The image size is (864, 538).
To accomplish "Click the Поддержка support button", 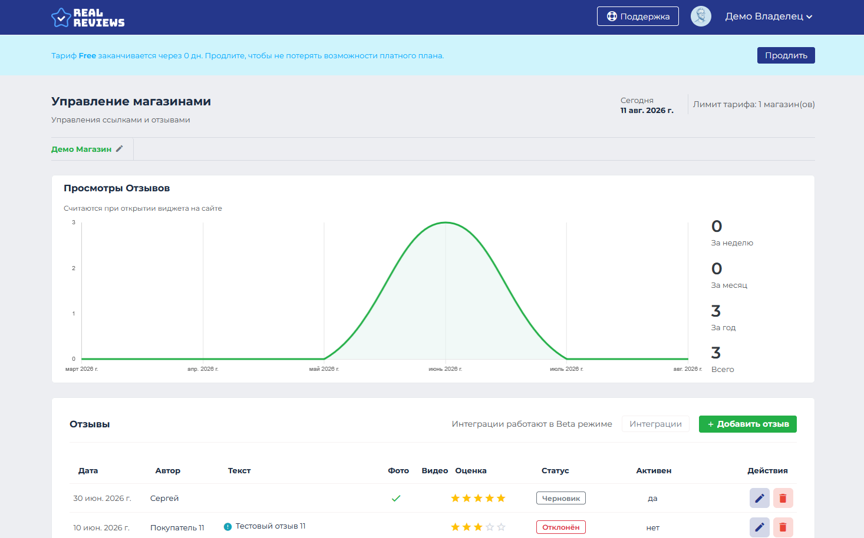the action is tap(638, 16).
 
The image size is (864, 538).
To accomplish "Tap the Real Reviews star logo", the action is tap(61, 18).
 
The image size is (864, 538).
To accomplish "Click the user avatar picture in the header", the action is tap(701, 16).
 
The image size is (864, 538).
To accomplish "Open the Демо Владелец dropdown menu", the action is tap(769, 16).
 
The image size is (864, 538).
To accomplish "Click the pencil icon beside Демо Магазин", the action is tap(120, 149).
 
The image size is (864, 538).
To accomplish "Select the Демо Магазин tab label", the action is tap(81, 149).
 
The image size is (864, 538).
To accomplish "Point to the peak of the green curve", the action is tap(446, 222).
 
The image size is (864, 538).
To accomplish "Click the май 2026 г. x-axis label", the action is tap(324, 369).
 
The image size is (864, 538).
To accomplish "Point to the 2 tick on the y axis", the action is tap(74, 268).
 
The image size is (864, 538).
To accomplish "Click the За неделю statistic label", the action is tap(732, 243).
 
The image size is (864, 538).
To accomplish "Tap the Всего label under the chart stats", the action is tap(723, 369).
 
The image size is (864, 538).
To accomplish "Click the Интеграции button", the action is tap(655, 424).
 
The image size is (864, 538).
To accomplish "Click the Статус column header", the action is tap(555, 471).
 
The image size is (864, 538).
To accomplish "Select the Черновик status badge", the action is tap(561, 498).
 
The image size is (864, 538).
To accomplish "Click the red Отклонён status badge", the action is tap(561, 527).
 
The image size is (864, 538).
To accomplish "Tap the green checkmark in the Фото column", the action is tap(396, 499).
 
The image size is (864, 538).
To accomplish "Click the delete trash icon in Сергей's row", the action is tap(783, 498).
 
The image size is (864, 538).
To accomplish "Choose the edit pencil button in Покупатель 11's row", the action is tap(760, 527).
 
